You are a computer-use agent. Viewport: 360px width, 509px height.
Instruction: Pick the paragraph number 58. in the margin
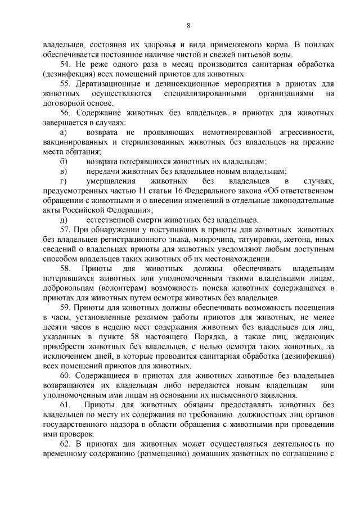(65, 269)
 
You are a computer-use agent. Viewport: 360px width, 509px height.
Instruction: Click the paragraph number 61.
(65, 405)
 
